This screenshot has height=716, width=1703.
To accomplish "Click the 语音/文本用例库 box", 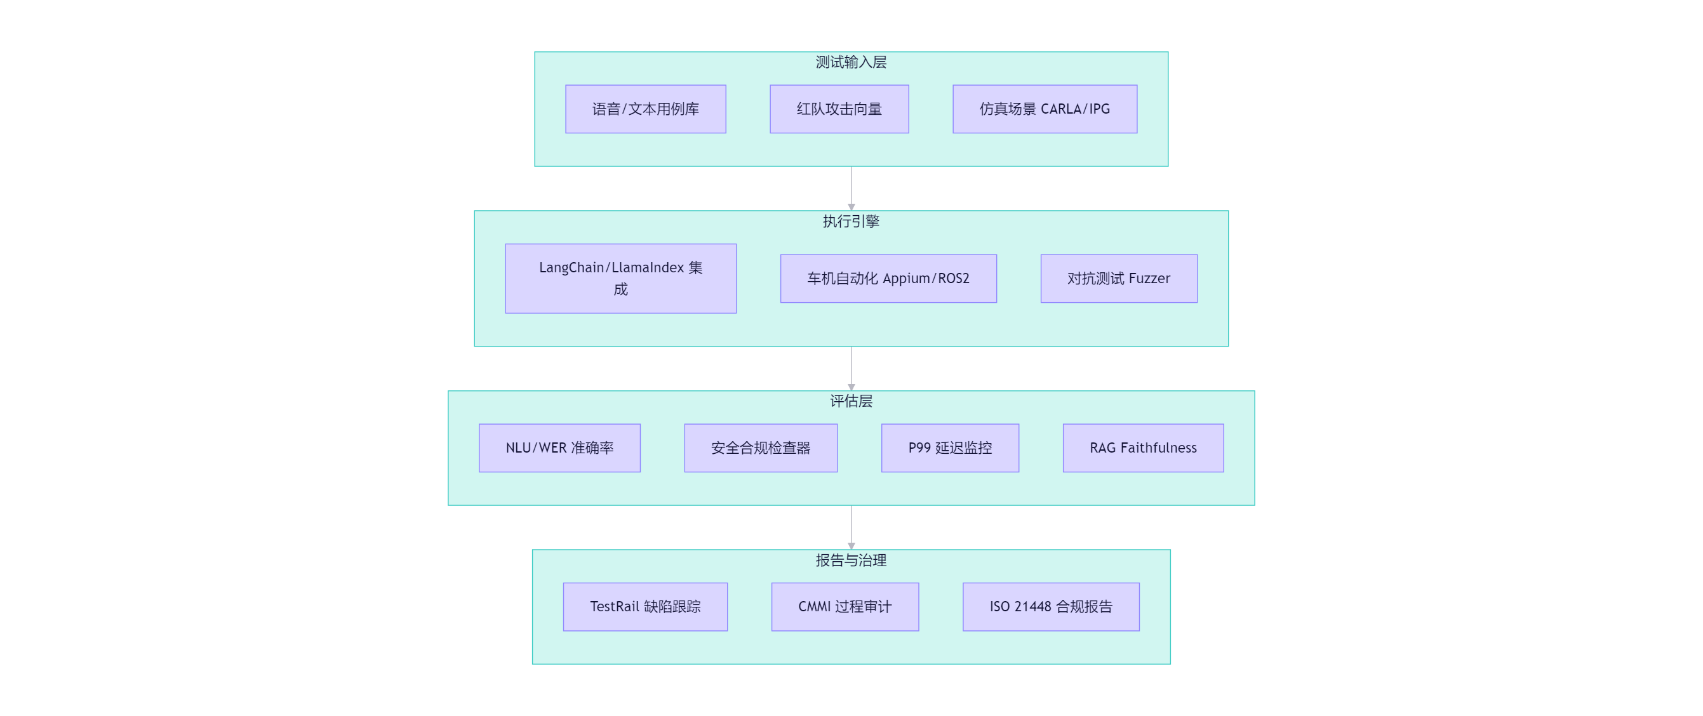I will pyautogui.click(x=645, y=109).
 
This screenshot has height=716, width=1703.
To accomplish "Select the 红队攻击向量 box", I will pyautogui.click(x=839, y=109).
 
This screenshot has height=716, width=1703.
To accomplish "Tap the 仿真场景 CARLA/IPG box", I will pyautogui.click(x=1045, y=109).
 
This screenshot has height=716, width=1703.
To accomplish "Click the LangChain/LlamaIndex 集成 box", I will pyautogui.click(x=620, y=278).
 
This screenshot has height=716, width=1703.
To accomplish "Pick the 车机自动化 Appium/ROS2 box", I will pyautogui.click(x=888, y=278).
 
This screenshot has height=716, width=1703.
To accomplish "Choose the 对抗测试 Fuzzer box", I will pyautogui.click(x=1119, y=278).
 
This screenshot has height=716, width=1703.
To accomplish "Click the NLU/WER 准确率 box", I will pyautogui.click(x=559, y=447).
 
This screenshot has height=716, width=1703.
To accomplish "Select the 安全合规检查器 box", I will pyautogui.click(x=760, y=447).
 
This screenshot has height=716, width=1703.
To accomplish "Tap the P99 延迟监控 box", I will pyautogui.click(x=950, y=447).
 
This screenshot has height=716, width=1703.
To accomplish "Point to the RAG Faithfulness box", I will pyautogui.click(x=1143, y=447).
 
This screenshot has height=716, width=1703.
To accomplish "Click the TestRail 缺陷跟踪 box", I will pyautogui.click(x=645, y=606).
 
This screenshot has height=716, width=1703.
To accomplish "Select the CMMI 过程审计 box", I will pyautogui.click(x=845, y=606).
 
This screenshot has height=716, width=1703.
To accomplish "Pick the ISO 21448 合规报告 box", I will pyautogui.click(x=1050, y=606).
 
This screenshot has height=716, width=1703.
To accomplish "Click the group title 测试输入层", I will pyautogui.click(x=851, y=62).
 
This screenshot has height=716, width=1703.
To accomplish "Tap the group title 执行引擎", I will pyautogui.click(x=851, y=221).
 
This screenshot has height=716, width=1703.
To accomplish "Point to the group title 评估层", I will pyautogui.click(x=851, y=401).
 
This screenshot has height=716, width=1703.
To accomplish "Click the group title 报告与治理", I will pyautogui.click(x=851, y=560).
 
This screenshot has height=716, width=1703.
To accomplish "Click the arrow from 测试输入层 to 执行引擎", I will pyautogui.click(x=851, y=189).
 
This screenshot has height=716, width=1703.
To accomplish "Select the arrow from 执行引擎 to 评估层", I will pyautogui.click(x=851, y=368).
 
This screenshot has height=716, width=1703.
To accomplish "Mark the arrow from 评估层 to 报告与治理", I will pyautogui.click(x=851, y=527).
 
